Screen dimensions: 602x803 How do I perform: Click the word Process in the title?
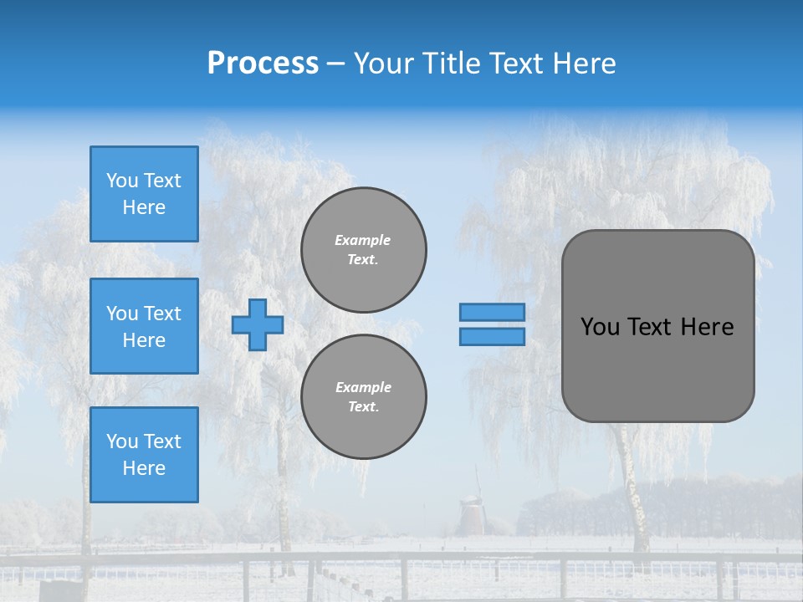263,64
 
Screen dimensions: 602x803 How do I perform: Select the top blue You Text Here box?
144,194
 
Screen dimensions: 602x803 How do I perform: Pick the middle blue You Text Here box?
144,326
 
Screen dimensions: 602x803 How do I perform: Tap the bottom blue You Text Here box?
144,455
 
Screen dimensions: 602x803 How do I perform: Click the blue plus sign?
258,324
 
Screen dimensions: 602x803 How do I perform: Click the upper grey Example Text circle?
364,250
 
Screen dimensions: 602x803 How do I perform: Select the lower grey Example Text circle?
364,397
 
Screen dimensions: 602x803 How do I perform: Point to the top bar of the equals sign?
492,313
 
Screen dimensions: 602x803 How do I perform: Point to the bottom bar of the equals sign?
492,337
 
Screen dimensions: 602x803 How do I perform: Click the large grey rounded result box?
657,368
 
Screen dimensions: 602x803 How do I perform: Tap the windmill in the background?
472,512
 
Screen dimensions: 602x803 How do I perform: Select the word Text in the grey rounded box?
649,327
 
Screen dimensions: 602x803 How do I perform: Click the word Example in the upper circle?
363,240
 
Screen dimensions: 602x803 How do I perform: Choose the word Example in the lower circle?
363,387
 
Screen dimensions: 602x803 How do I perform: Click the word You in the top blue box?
122,181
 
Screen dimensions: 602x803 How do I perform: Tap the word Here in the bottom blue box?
144,468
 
